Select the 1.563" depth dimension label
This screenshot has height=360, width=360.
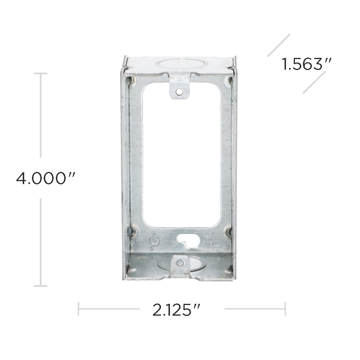click(x=307, y=64)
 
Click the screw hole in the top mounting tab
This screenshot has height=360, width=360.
click(x=179, y=92)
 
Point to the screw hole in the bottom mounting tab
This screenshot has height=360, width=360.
click(x=180, y=263)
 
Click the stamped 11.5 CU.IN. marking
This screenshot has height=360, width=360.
click(x=211, y=241)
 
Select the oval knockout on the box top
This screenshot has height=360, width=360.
click(x=173, y=64)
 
